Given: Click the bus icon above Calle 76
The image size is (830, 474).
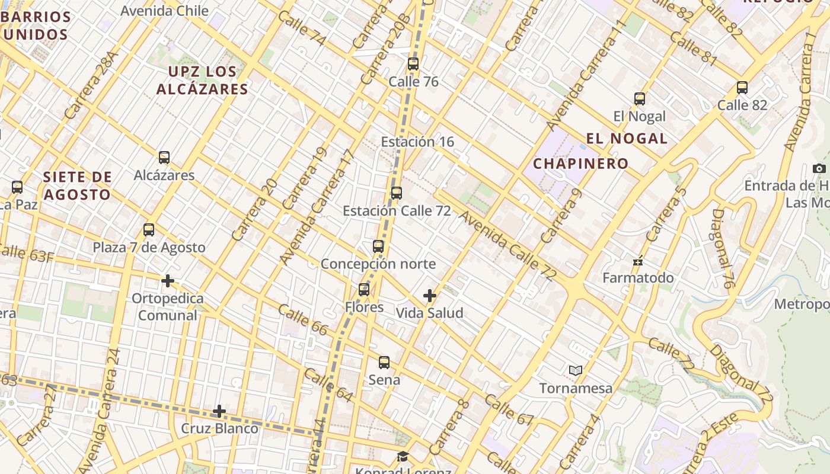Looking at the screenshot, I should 413,64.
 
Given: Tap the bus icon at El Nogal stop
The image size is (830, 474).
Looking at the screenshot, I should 640,99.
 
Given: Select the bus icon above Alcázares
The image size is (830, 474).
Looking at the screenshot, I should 164,158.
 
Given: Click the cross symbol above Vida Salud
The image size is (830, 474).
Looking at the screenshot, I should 430,295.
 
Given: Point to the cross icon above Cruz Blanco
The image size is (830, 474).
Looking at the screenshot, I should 219,411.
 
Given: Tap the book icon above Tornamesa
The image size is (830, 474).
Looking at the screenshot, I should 575,370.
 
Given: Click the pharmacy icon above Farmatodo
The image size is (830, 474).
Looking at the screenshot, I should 638,260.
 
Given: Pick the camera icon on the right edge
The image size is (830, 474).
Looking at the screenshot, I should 819,168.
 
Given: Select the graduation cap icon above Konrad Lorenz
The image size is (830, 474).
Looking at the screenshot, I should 403,456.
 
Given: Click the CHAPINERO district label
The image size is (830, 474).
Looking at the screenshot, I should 580,164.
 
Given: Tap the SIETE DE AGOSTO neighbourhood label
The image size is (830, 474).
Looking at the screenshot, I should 77,185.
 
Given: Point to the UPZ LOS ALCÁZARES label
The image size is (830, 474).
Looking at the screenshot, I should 202,81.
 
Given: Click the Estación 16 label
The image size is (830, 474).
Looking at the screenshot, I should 417,142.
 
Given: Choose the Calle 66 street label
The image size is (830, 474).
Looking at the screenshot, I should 302,320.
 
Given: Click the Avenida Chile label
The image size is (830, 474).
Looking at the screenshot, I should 164,11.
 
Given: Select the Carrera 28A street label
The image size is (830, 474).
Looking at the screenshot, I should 92,85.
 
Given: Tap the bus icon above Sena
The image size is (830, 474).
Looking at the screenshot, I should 384,362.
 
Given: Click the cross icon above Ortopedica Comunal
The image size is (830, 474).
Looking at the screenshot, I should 168,280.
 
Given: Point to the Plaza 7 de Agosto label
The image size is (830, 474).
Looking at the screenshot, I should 149,247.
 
